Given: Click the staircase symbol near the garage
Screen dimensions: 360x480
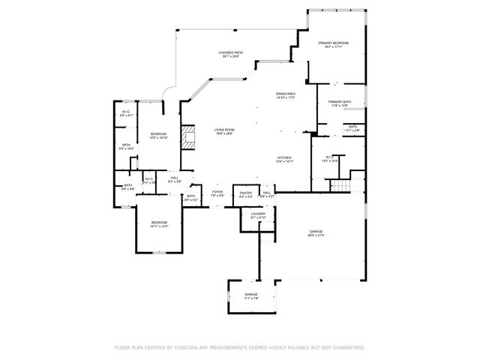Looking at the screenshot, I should tap(340, 185).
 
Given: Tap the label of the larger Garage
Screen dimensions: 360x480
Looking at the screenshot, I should tap(316, 232).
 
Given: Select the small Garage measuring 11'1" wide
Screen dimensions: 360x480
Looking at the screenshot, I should tap(250, 296).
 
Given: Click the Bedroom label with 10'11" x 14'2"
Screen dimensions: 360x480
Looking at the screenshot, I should tap(159, 223).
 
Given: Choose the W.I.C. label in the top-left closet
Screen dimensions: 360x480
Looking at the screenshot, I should tap(126, 113).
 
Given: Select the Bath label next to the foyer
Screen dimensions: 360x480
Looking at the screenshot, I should tap(190, 198).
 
